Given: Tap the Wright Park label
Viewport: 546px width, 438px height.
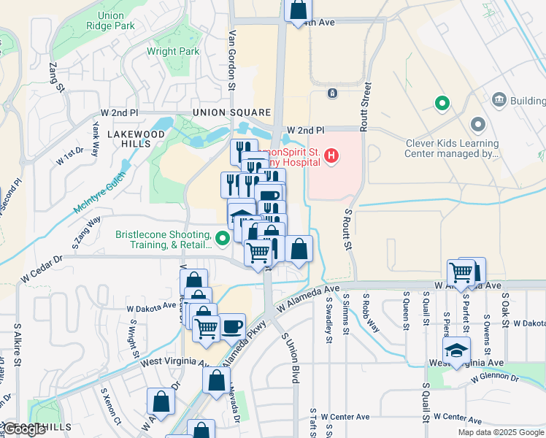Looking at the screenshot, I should pos(173,52).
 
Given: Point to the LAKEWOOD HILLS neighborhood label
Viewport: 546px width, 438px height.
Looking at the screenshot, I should pos(136,139).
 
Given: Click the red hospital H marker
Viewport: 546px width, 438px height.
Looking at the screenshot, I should pos(332,155).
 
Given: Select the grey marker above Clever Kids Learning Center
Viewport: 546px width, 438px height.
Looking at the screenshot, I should pos(477,125).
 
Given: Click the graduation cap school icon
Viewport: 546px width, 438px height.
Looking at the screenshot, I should pos(456,351).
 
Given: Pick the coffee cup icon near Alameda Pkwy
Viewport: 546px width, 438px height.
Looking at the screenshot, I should pos(233,326).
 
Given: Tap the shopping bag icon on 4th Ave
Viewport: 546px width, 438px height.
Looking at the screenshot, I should pos(298,10).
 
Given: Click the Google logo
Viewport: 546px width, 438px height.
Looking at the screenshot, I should pos(24,429).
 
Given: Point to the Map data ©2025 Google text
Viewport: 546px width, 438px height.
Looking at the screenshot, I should pos(500,432).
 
